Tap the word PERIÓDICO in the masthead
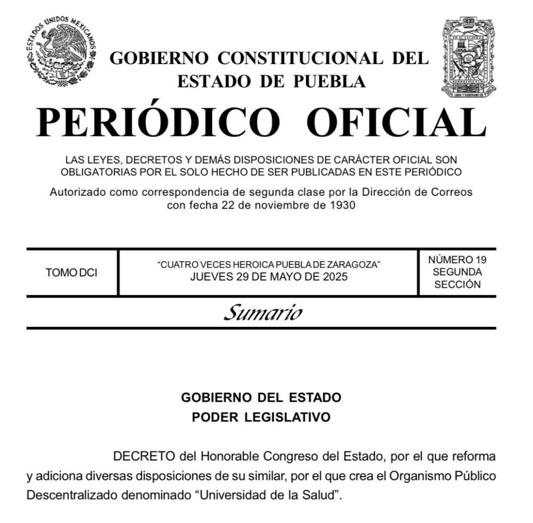(158, 123)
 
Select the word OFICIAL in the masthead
(396, 123)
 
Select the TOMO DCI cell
(71, 273)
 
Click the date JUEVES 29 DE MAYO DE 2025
(269, 277)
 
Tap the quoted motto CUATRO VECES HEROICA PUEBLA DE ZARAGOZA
(269, 265)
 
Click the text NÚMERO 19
(458, 260)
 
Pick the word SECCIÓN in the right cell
(458, 284)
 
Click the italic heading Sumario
(263, 313)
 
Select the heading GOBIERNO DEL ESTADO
(261, 398)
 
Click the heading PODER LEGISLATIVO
(261, 417)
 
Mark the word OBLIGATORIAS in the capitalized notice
(95, 172)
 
